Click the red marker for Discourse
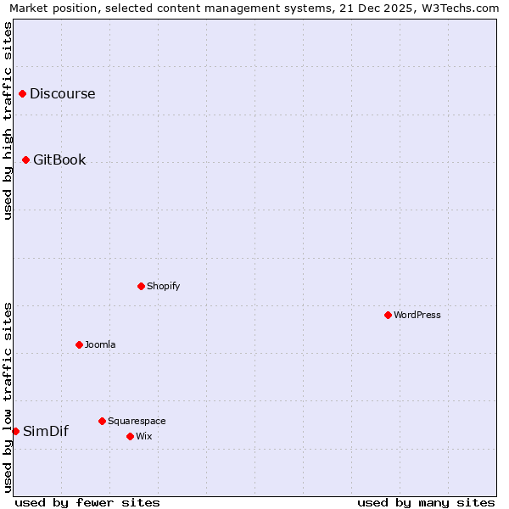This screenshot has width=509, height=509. click(23, 94)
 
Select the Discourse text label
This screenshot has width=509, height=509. click(63, 94)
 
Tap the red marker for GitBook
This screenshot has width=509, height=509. click(26, 159)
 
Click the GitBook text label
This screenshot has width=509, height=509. click(59, 160)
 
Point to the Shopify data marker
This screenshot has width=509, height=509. click(141, 286)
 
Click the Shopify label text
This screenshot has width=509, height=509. click(163, 287)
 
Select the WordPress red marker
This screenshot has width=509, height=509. click(388, 315)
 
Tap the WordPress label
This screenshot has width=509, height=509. click(417, 316)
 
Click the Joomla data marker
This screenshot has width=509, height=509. click(79, 344)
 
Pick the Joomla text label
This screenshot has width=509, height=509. click(100, 345)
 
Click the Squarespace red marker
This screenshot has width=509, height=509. click(102, 421)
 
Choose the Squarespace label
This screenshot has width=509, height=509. click(137, 422)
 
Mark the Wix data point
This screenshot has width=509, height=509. click(130, 436)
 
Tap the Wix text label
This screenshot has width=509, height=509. click(144, 437)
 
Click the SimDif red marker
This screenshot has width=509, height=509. click(15, 431)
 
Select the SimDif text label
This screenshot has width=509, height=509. click(46, 432)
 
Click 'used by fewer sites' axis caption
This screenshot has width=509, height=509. click(87, 502)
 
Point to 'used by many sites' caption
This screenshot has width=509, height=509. click(426, 502)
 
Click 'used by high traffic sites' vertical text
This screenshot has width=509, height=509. click(8, 120)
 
